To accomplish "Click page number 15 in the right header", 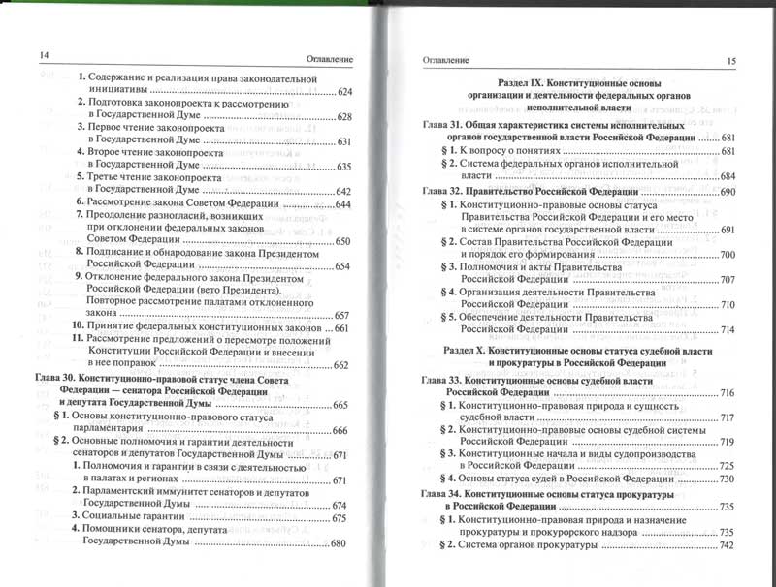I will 731,62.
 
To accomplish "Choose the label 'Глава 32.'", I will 443,194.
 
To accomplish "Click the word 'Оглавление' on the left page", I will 325,57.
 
